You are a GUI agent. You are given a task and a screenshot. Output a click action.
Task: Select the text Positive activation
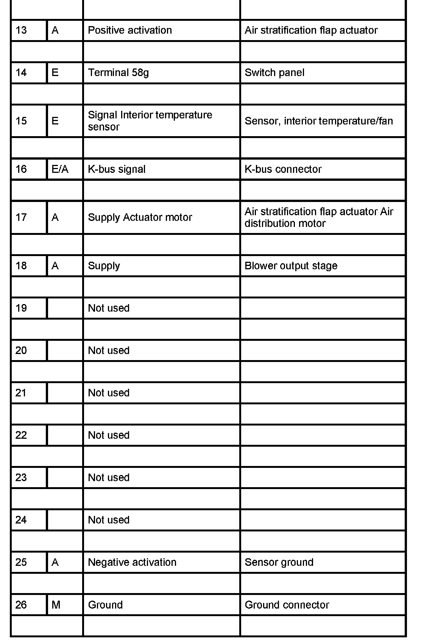pos(130,30)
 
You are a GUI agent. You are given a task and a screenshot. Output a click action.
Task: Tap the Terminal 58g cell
pos(118,73)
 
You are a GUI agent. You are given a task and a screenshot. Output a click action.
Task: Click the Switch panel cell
pos(274,73)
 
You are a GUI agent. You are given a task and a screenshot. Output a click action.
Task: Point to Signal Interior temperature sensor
pos(150,121)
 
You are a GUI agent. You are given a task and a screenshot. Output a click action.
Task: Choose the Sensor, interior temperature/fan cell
pos(319,121)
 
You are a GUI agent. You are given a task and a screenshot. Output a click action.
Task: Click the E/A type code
pos(60,169)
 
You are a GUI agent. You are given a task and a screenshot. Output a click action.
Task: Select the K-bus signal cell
pos(117,169)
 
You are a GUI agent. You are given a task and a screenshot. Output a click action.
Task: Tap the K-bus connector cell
pos(283,169)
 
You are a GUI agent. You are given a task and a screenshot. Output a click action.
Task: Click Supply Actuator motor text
pos(140,217)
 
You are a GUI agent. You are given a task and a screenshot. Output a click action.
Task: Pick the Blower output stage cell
pos(291,266)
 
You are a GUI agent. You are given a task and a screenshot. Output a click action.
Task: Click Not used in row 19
pos(109,308)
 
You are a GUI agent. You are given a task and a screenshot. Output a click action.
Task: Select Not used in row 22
pos(109,435)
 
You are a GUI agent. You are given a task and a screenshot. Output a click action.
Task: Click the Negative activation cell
pos(132,562)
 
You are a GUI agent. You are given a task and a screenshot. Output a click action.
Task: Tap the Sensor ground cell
pos(279,562)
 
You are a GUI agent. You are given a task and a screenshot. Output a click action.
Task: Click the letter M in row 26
pos(56,605)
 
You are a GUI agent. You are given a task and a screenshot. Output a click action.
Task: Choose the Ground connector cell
pos(287,605)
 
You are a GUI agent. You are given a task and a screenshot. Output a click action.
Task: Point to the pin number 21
pos(21,393)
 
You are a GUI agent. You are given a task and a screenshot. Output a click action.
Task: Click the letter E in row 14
pos(55,73)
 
